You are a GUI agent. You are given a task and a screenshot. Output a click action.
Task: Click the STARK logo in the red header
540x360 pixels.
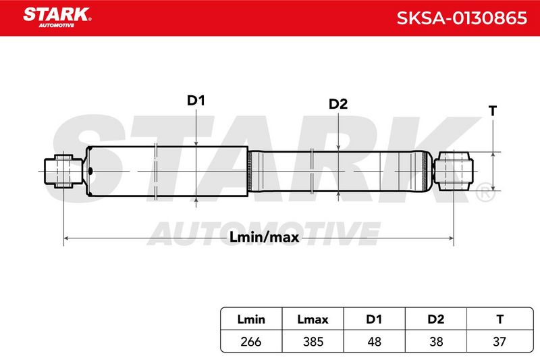click(x=57, y=18)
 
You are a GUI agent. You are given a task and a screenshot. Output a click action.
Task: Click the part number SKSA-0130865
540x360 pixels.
click(x=462, y=18)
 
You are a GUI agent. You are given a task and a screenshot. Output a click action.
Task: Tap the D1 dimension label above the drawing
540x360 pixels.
click(x=196, y=101)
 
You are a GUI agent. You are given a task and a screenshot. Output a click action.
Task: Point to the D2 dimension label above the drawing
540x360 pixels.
click(x=338, y=104)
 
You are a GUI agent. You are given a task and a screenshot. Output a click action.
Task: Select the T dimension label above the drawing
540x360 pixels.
click(x=493, y=111)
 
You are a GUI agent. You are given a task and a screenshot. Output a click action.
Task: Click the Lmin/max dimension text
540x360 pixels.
click(x=264, y=237)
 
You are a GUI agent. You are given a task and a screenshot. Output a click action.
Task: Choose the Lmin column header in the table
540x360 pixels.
click(x=251, y=319)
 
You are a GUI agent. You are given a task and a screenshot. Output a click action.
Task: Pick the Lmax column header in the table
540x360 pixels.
click(x=313, y=319)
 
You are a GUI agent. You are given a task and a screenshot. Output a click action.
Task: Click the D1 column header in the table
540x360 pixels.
click(x=374, y=319)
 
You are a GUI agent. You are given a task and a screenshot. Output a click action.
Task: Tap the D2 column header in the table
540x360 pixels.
click(x=435, y=319)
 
